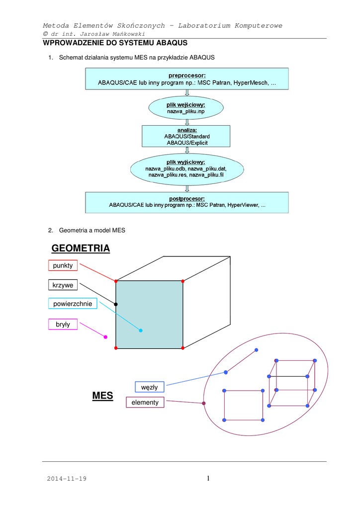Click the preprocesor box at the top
point(186,79)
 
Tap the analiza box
point(186,136)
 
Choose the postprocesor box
point(186,202)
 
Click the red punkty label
point(63,265)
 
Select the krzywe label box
point(63,285)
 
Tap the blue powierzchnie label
point(73,303)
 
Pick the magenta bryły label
point(63,325)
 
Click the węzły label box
point(150,387)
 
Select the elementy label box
point(145,402)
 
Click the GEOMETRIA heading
point(81,248)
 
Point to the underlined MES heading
point(102,396)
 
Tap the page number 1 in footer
point(208,478)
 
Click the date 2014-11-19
point(67,479)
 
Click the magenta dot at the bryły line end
point(105,337)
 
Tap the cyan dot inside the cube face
point(141,331)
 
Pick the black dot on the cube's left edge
point(116,304)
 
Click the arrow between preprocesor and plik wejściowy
point(187,93)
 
